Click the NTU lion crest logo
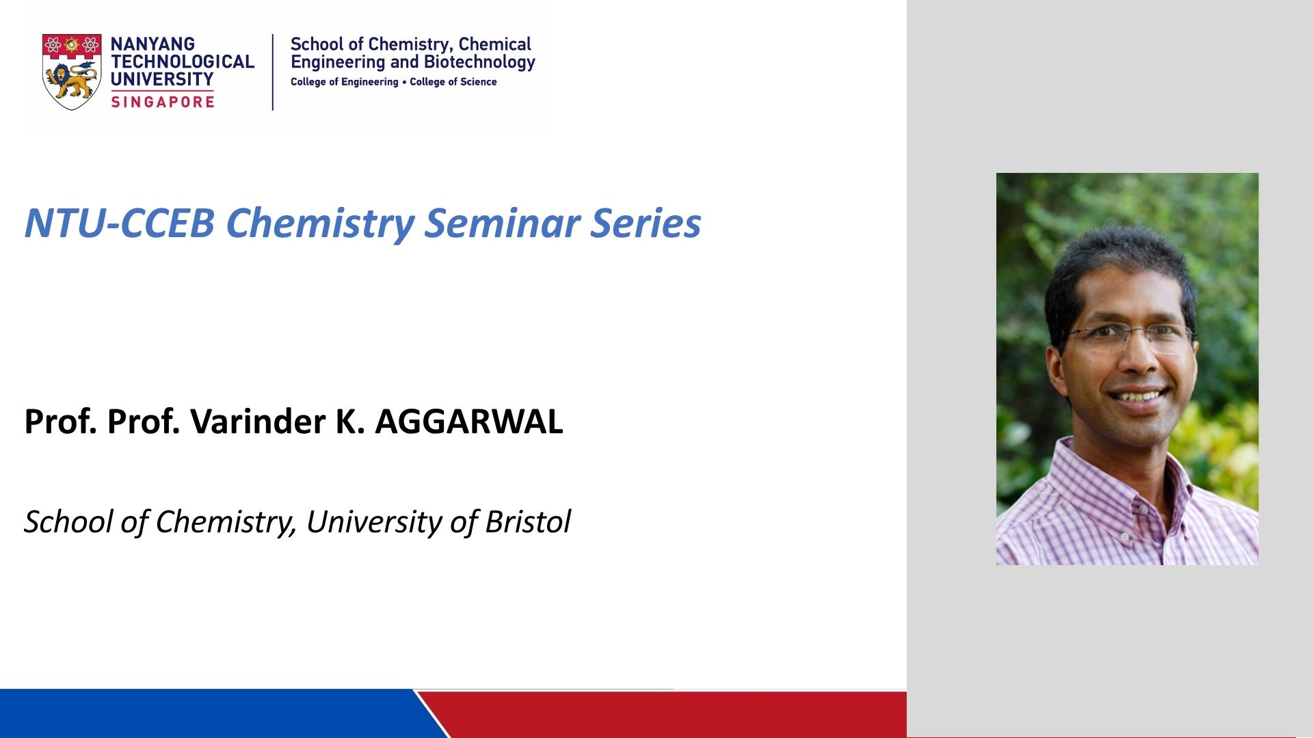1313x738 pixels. click(72, 71)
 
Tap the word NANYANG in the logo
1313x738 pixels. click(152, 44)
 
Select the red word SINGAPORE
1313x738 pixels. click(163, 102)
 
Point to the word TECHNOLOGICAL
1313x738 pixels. click(183, 61)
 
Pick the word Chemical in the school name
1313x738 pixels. click(494, 44)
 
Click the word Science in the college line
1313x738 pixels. click(478, 81)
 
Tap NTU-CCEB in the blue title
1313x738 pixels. click(120, 223)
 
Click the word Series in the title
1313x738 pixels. click(646, 223)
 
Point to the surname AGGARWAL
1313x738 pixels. click(469, 421)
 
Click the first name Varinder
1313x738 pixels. click(258, 421)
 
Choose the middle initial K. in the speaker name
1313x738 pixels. click(349, 421)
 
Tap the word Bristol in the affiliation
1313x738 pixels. click(527, 521)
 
